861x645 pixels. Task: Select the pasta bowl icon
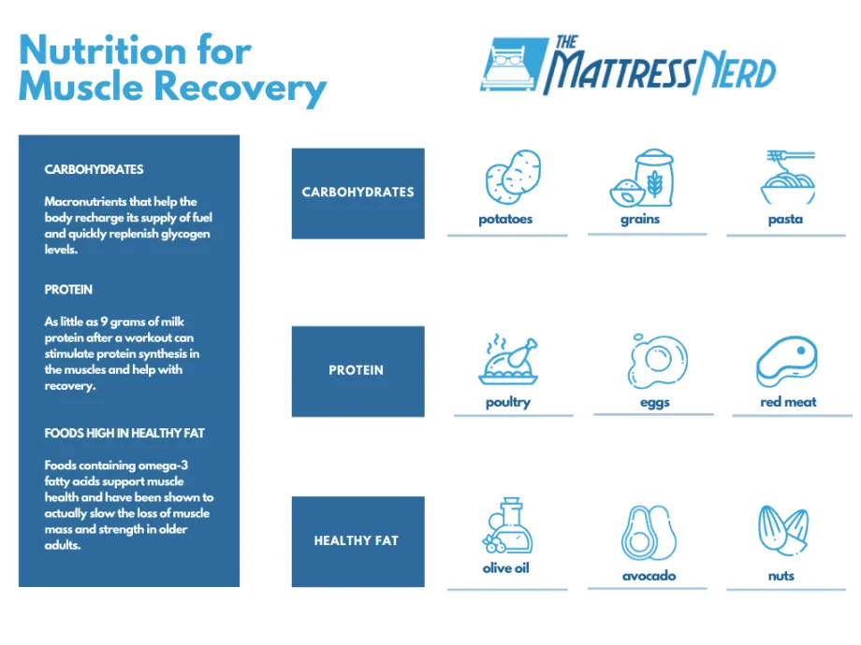(x=788, y=178)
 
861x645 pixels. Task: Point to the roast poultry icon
(x=508, y=359)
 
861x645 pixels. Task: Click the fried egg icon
(x=657, y=361)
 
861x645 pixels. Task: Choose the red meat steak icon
(x=787, y=362)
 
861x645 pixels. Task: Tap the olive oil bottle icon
(x=508, y=525)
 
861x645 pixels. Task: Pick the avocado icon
(x=649, y=533)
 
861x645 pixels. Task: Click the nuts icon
(x=783, y=530)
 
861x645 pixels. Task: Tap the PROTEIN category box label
(x=357, y=370)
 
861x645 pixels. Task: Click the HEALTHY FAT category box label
(x=357, y=541)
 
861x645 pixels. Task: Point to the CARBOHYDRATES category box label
(x=358, y=192)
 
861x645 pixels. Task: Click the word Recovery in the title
(x=241, y=88)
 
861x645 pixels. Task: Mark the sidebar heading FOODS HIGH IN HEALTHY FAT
(x=124, y=434)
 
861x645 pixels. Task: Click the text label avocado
(x=649, y=575)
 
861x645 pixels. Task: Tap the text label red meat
(x=789, y=402)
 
